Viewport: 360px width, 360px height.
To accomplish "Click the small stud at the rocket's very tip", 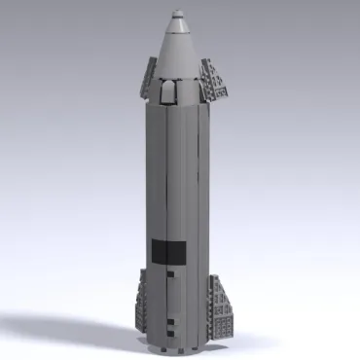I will click(x=179, y=14).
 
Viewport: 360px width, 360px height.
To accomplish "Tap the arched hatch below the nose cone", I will click(x=167, y=92).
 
